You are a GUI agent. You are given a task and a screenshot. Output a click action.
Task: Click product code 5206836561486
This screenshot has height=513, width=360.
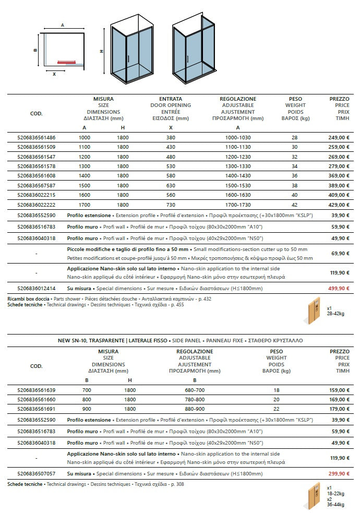pos(36,137)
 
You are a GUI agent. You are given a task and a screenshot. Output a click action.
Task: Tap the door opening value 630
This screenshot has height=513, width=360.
pos(171,186)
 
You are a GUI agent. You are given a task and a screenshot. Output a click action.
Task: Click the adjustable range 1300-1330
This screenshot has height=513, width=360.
pos(237,166)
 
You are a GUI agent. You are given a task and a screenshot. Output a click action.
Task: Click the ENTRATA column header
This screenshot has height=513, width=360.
pos(171,99)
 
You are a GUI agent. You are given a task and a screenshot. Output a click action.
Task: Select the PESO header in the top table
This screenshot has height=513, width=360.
pos(295,99)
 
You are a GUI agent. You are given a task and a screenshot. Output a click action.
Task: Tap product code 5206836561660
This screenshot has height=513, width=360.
pos(36,400)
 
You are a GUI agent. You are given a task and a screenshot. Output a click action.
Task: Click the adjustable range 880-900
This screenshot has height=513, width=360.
pos(194,409)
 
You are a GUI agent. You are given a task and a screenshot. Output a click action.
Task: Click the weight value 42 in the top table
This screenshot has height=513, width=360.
pos(295,205)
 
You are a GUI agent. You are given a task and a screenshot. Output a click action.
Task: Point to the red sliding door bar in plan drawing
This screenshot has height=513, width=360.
pos(69,61)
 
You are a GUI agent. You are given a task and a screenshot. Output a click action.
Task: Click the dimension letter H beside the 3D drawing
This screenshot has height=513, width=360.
pos(101,51)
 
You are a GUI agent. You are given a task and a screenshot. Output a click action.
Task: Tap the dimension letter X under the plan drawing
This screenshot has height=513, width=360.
pos(54,74)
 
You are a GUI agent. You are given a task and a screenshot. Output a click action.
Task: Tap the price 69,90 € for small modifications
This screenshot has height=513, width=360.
pos(339,253)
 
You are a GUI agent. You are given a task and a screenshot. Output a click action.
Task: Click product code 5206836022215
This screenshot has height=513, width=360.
pos(36,195)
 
